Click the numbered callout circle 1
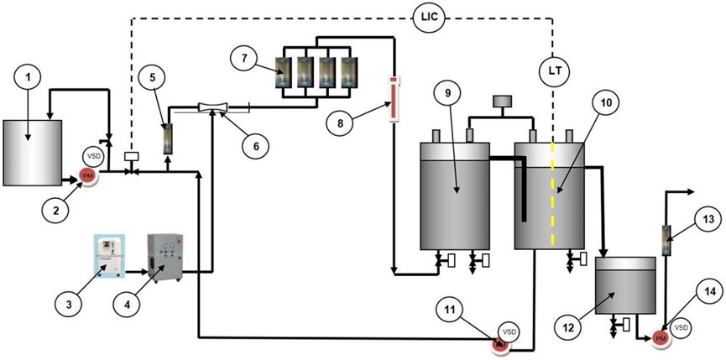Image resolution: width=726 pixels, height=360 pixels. point(31,79)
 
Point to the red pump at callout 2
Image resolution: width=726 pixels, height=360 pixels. point(87,175)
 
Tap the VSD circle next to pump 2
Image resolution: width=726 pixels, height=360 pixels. point(93,157)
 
